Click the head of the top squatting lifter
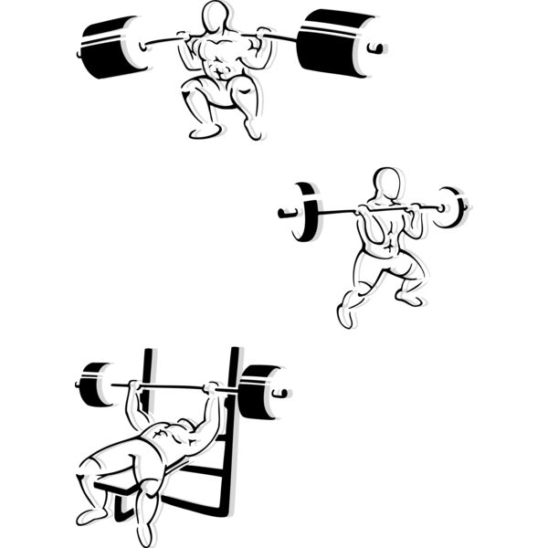point(216,16)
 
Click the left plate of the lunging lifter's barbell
point(305,211)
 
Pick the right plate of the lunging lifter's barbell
point(451,206)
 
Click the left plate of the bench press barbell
point(93,384)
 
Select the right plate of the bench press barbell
point(258,391)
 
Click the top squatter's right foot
point(253,132)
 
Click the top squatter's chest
point(216,53)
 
